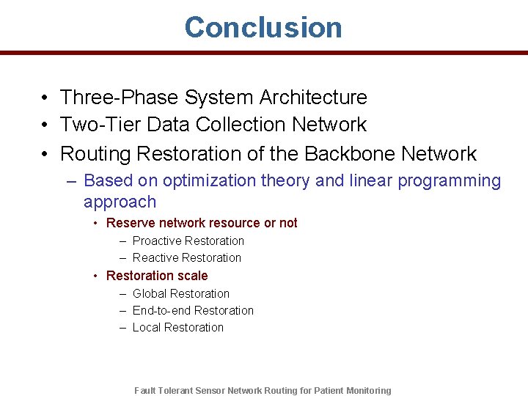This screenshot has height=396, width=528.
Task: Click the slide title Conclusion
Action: pyautogui.click(x=263, y=27)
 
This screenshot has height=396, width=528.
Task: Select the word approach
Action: pyautogui.click(x=120, y=202)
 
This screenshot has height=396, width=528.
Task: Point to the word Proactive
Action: pyautogui.click(x=156, y=241)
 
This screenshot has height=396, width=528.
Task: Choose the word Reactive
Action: pyautogui.click(x=155, y=257)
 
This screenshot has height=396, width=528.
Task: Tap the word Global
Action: pyautogui.click(x=150, y=293)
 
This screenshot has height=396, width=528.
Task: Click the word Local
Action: pyautogui.click(x=147, y=327)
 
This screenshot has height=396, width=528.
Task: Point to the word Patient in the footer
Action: pyautogui.click(x=333, y=391)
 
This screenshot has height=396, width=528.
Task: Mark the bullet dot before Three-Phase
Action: pyautogui.click(x=45, y=98)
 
